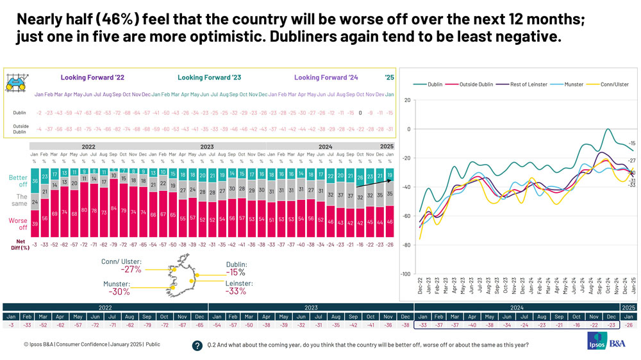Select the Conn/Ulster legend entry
(x=608, y=84)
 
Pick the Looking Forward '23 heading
(x=209, y=78)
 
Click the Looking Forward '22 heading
(x=93, y=78)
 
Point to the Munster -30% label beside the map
(x=118, y=287)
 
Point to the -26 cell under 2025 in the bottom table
(x=628, y=326)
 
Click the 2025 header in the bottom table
(x=628, y=307)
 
